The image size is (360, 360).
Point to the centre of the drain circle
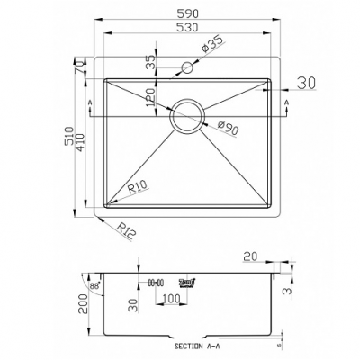(x=188, y=114)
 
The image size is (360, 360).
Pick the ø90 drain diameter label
(x=227, y=131)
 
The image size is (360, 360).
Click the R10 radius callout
(x=137, y=187)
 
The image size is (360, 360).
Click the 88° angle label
(x=94, y=286)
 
